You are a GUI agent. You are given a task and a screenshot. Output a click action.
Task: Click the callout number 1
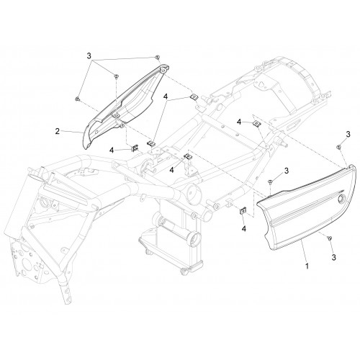pyautogui.click(x=307, y=266)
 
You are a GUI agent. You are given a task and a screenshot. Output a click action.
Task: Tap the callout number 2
pyautogui.click(x=58, y=131)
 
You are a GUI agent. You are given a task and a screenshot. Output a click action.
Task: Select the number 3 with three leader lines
pyautogui.click(x=89, y=56)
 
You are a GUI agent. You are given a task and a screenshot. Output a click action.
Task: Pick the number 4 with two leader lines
pyautogui.click(x=166, y=96)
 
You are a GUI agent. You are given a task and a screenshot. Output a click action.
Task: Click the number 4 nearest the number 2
pyautogui.click(x=112, y=150)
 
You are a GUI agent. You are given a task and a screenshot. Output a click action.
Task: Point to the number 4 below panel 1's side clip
pyautogui.click(x=244, y=229)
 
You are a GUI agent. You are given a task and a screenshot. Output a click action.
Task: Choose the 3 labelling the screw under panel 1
pyautogui.click(x=333, y=257)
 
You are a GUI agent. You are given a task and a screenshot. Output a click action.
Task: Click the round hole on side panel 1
pyautogui.click(x=341, y=199)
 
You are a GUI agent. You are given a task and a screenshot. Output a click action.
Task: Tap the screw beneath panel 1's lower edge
pyautogui.click(x=329, y=238)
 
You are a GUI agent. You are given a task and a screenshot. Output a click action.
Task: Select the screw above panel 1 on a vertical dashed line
pyautogui.click(x=269, y=181)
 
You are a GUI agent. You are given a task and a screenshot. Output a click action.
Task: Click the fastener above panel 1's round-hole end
pyautogui.click(x=338, y=147)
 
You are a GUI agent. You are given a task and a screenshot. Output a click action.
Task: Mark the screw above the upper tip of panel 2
pyautogui.click(x=157, y=57)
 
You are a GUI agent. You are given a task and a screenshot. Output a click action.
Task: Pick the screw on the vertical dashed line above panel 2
pyautogui.click(x=116, y=76)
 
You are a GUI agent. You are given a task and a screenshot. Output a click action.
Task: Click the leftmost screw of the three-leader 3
pyautogui.click(x=77, y=99)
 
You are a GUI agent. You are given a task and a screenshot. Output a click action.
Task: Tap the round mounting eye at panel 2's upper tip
pyautogui.click(x=163, y=70)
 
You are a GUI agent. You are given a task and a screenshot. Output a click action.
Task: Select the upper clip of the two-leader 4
pyautogui.click(x=194, y=97)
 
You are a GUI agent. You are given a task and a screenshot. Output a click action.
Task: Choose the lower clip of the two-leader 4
pyautogui.click(x=151, y=143)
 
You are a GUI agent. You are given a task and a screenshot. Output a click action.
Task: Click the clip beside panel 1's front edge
pyautogui.click(x=243, y=211)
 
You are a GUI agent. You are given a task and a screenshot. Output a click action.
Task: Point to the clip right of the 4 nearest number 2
pyautogui.click(x=135, y=148)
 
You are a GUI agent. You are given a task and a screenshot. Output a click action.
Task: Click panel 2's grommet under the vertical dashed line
pyautogui.click(x=117, y=116)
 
